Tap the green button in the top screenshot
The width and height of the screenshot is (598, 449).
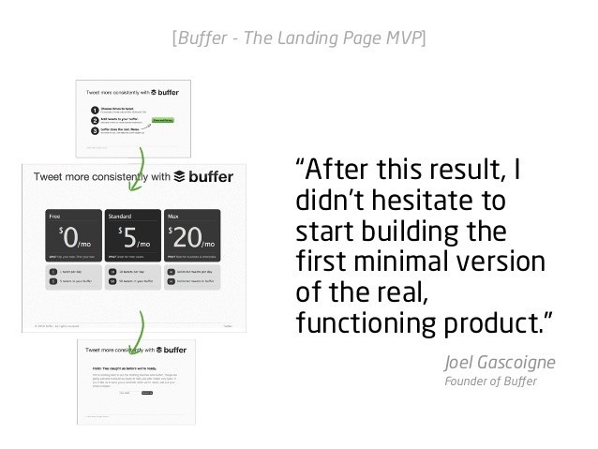click(162, 120)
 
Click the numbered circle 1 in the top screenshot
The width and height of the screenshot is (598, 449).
click(94, 110)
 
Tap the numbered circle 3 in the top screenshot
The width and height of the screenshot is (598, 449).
click(94, 131)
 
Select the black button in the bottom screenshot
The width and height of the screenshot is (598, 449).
click(145, 393)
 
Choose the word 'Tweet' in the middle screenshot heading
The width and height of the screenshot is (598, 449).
click(51, 177)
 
